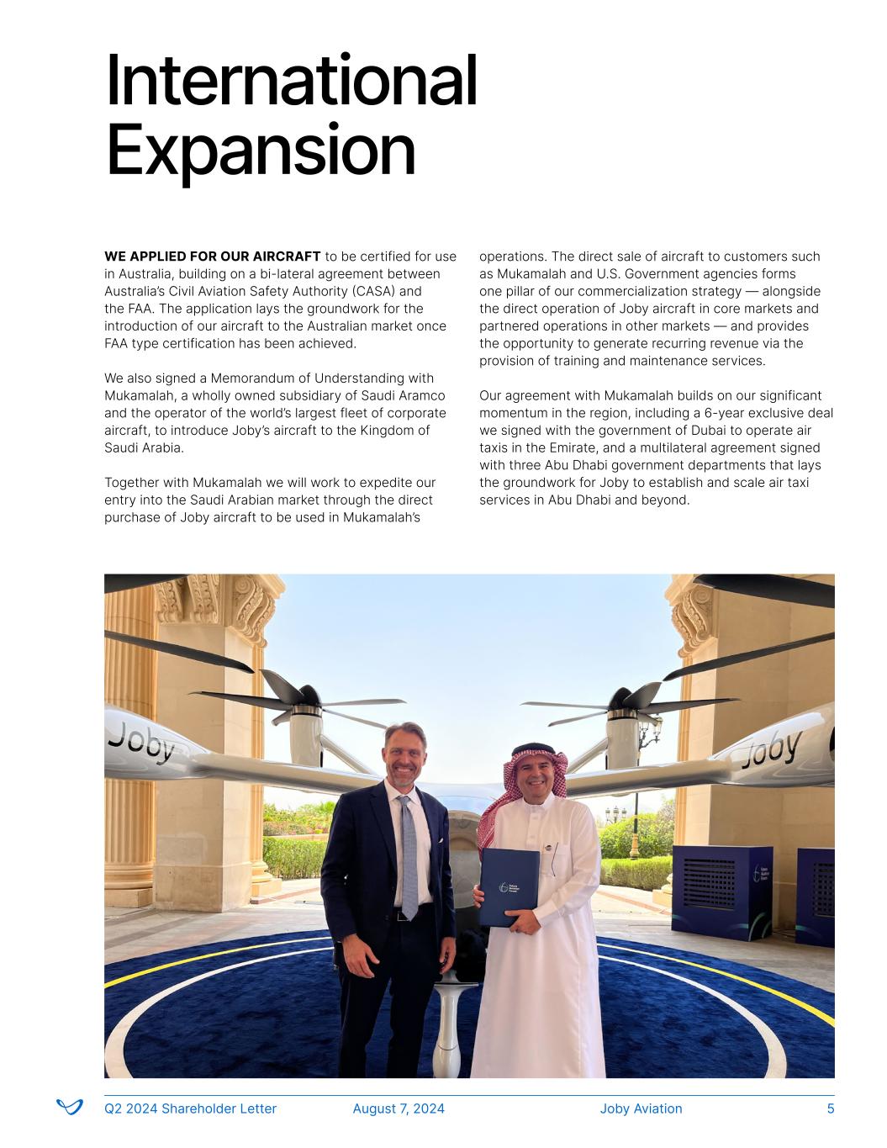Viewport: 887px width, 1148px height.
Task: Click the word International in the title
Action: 291,81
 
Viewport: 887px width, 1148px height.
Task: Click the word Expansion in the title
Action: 261,151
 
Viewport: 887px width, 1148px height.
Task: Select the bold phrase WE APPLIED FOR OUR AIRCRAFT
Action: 212,257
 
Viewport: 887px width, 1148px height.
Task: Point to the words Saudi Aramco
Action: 407,395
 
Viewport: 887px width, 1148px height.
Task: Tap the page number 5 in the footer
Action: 831,1108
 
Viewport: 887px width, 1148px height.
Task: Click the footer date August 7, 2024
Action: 399,1108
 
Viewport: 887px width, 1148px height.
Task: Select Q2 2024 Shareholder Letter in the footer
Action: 190,1108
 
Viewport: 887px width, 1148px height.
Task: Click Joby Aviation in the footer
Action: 641,1108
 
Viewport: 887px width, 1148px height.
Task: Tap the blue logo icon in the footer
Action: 70,1107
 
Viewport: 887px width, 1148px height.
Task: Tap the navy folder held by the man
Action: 510,886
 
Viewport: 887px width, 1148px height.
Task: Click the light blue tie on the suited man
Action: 409,858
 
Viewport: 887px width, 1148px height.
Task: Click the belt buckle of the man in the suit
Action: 404,916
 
